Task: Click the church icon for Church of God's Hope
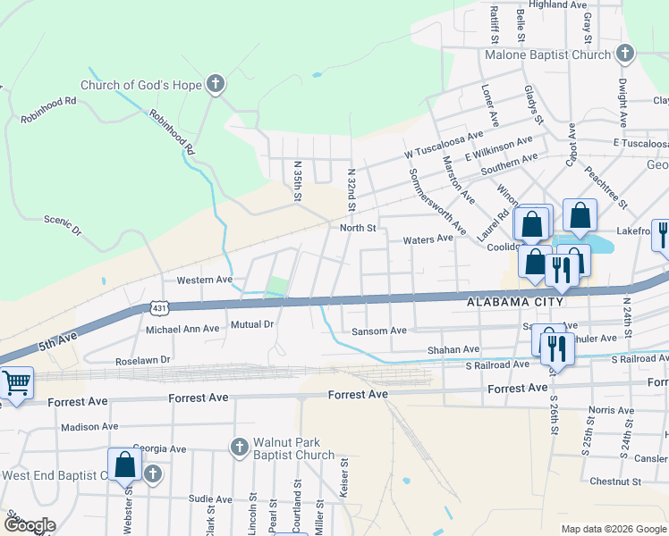pos(215,86)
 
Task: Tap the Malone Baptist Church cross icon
pos(624,54)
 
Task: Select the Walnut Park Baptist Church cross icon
pos(239,447)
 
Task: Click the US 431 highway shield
pos(157,306)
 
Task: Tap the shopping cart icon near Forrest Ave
pos(16,382)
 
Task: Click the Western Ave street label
pos(205,280)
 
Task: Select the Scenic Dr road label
pos(64,224)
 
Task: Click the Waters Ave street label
pos(428,239)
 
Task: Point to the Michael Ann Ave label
pos(182,329)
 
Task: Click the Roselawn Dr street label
pos(143,362)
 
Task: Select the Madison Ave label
pos(90,427)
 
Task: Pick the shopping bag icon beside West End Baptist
pos(124,465)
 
